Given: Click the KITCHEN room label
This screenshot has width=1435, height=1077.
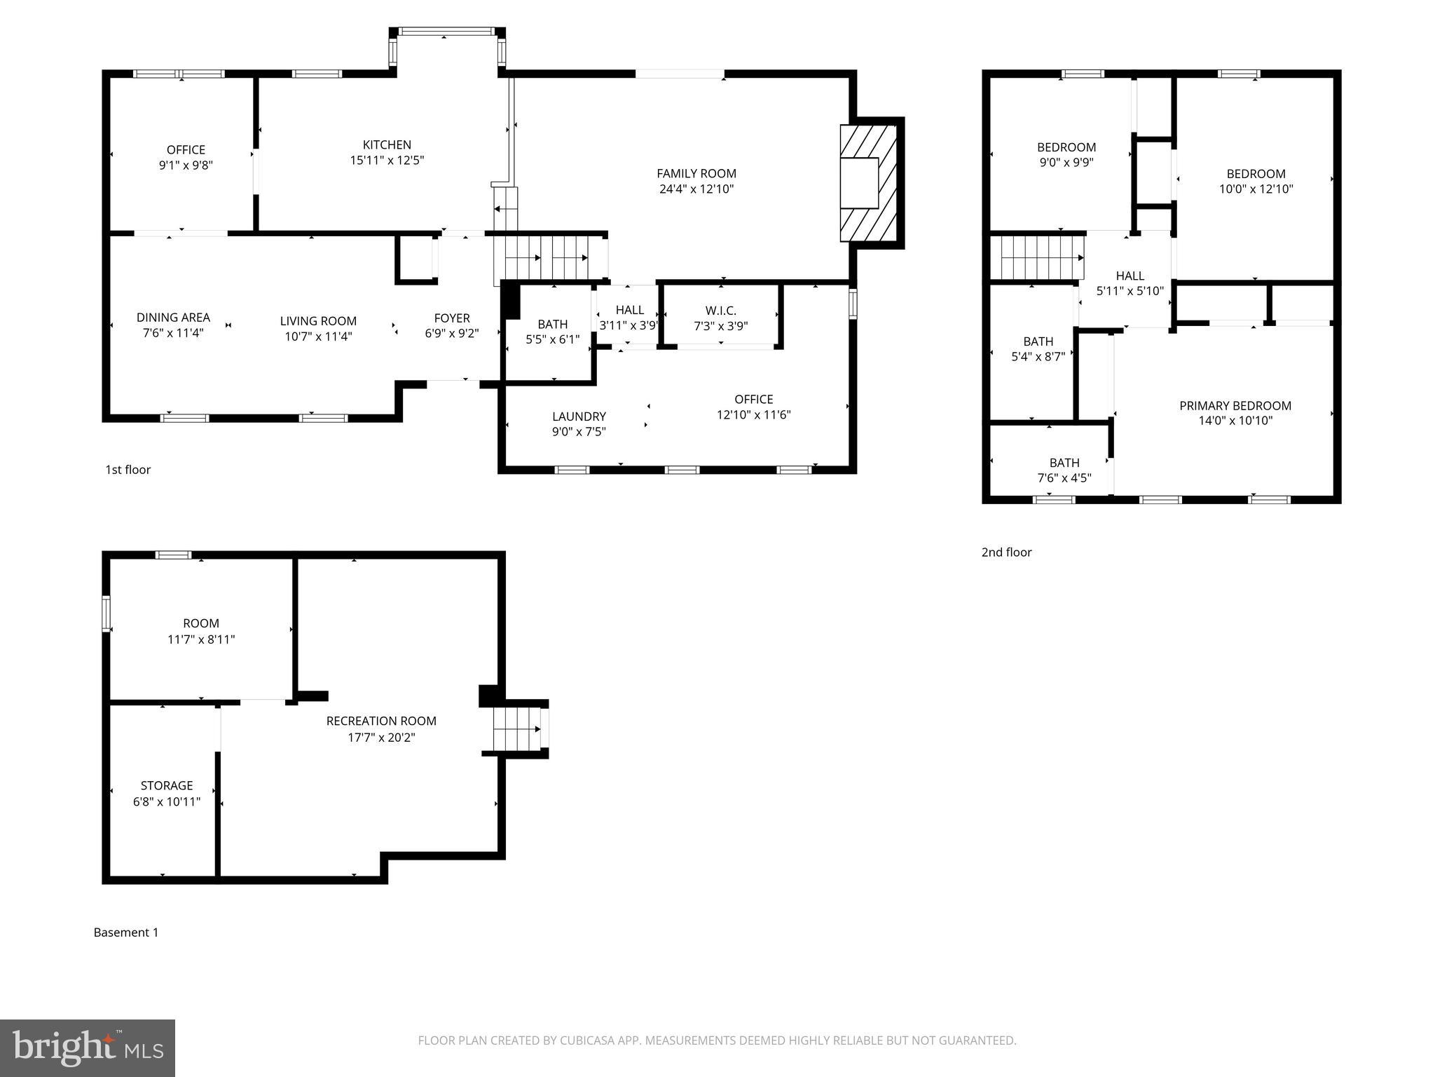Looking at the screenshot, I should coord(387,145).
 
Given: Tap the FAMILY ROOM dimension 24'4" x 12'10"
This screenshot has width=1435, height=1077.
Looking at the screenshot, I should coord(696,189).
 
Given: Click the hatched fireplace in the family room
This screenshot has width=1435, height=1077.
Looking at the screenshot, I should coord(869,183).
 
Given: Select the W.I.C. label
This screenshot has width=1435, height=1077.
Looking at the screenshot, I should coord(720,311).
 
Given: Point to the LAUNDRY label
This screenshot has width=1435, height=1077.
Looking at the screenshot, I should coord(579,416).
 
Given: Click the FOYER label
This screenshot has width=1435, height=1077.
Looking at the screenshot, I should coord(451,318).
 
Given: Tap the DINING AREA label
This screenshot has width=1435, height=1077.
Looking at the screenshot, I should coord(173,318).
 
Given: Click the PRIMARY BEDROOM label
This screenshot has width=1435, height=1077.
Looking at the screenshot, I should coord(1235,406).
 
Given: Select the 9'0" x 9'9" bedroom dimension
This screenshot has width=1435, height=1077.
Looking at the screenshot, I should coord(1066,162).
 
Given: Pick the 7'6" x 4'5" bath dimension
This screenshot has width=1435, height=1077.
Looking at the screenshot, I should coord(1064,478).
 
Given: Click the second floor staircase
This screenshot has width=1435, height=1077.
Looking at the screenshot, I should coord(1041,258).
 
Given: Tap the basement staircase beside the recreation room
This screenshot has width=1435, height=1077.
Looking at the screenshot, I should coord(519,729).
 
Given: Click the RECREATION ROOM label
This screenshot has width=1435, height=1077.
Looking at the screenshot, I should coord(381,721).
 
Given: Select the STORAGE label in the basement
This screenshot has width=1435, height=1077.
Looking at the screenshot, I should coord(167,785).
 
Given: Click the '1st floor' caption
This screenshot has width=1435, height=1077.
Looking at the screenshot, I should coord(128,470).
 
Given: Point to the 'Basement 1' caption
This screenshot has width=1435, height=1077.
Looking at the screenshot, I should coord(126,933).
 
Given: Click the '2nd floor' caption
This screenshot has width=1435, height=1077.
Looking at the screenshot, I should coord(1006,553).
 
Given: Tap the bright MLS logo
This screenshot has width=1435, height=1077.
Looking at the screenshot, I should coord(88,1048).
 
